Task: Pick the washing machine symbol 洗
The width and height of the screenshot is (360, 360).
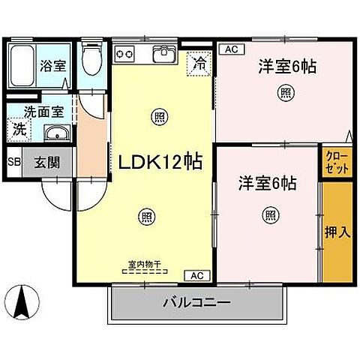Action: pos(18,130)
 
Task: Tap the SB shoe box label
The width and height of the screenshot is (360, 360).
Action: pos(14,161)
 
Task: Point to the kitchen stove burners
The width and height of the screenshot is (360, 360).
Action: pos(124,54)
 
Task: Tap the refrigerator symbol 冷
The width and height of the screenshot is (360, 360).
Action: pos(199,63)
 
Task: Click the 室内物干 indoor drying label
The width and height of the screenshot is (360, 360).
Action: pos(144,264)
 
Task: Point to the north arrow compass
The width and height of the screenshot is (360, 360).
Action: pos(23,301)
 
